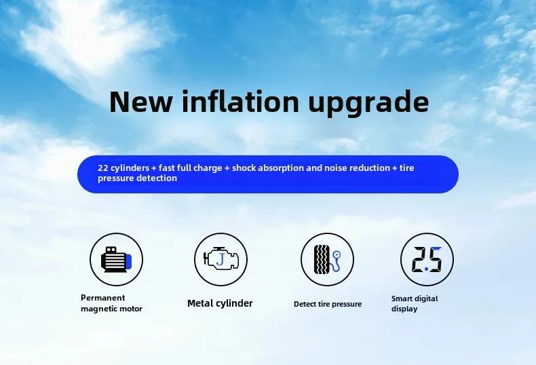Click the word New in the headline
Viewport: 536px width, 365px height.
coord(141,102)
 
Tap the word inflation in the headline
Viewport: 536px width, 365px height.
coord(241,101)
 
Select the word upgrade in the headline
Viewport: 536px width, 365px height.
coord(368,104)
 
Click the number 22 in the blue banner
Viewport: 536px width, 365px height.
coord(103,168)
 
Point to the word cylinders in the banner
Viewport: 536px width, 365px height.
coord(130,168)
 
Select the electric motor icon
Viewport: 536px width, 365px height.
coord(116,259)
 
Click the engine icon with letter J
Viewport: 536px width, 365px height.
coord(221,259)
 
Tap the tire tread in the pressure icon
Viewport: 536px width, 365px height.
coord(322,259)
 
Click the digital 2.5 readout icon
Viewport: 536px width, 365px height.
coord(427,259)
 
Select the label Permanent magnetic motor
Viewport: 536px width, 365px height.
coord(111,303)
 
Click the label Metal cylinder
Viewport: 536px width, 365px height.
coord(220,303)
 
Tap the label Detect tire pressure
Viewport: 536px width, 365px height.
coord(328,304)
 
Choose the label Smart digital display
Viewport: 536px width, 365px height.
coord(415,303)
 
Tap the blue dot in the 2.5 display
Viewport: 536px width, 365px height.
coord(426,269)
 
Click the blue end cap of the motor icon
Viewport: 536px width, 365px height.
coord(128,261)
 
